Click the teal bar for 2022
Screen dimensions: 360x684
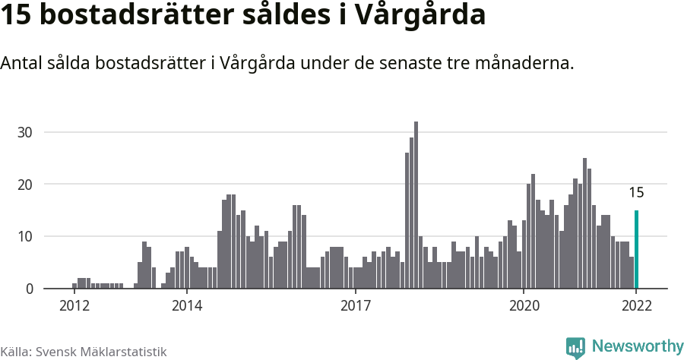636,249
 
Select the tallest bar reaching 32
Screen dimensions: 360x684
416,205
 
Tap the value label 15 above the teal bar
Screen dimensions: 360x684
636,192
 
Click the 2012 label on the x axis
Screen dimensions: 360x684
74,305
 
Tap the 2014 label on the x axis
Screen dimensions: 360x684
186,305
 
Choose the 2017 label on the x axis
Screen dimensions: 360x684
355,305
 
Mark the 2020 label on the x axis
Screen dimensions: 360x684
524,305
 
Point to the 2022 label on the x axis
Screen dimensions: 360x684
636,305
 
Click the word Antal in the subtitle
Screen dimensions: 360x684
21,63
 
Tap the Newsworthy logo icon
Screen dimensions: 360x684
575,347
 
